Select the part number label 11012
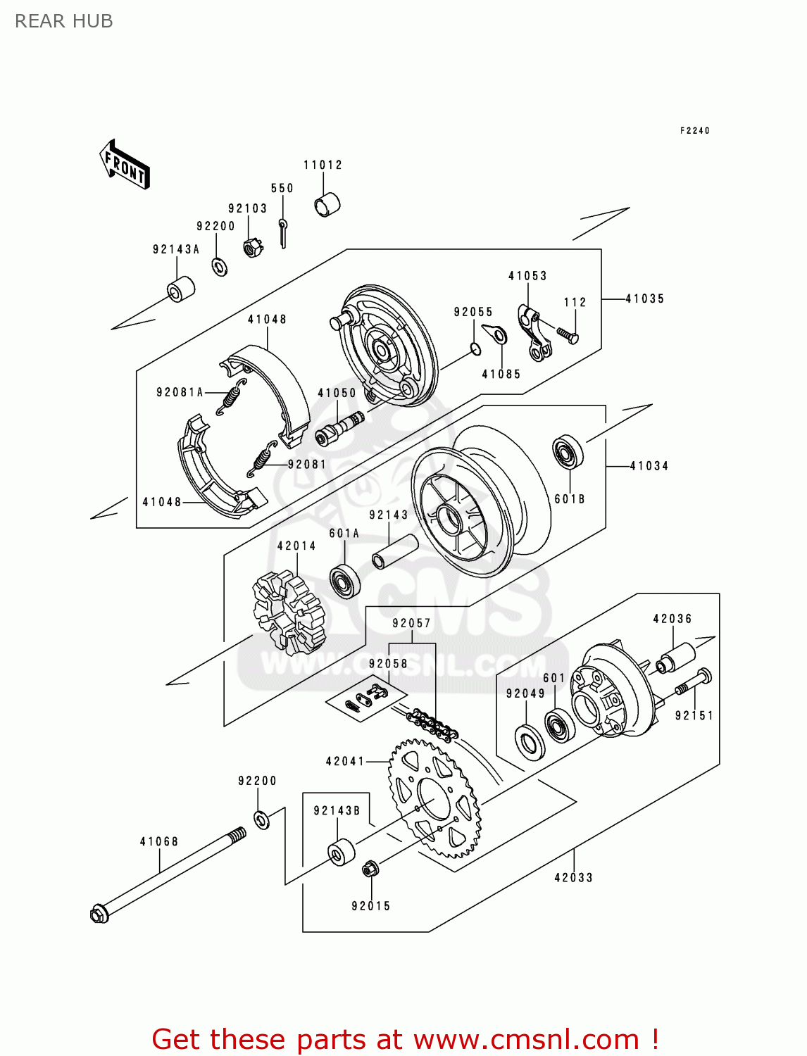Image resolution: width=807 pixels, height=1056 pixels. [x=323, y=165]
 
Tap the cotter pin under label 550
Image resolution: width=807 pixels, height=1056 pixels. [x=282, y=232]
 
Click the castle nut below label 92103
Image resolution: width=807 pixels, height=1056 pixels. [x=253, y=247]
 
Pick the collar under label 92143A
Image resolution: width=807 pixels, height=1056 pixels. [x=180, y=289]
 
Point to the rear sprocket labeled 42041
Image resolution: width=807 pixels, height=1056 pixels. [x=433, y=798]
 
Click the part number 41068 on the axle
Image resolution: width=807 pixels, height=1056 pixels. [x=158, y=841]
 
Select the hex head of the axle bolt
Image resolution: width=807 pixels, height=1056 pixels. [x=99, y=913]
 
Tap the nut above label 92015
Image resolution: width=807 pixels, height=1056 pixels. [x=370, y=869]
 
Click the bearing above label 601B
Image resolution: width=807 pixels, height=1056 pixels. [x=568, y=452]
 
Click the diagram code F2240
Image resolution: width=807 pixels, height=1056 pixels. [x=694, y=130]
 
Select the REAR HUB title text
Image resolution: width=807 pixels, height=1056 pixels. [x=64, y=22]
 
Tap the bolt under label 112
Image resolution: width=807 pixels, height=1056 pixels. [x=568, y=334]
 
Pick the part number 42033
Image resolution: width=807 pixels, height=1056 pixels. [x=573, y=877]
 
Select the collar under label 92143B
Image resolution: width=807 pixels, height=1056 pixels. [x=342, y=852]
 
